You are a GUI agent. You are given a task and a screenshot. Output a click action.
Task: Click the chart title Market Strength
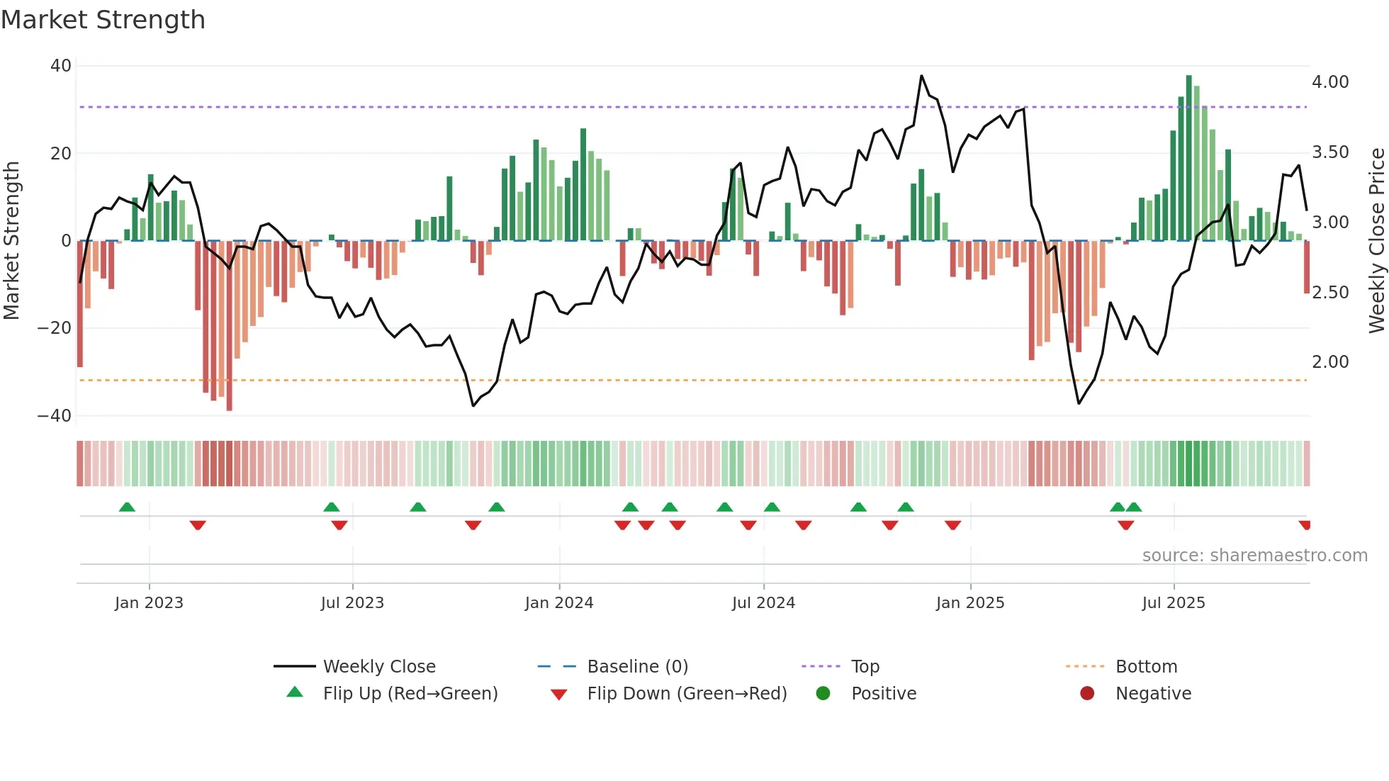coord(103,20)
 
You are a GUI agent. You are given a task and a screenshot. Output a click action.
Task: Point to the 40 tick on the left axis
coord(61,66)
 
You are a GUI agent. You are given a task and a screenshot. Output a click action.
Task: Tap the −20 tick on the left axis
coord(55,328)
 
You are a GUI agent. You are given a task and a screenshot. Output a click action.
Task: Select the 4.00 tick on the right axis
coord(1330,82)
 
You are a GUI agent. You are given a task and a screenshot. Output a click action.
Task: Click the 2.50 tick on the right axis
coord(1330,293)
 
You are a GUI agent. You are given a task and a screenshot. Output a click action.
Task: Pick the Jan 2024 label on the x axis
coord(559,603)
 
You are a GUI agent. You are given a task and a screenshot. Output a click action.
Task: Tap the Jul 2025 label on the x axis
coord(1174,603)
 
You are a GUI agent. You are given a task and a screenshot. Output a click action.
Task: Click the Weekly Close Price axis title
coord(1376,241)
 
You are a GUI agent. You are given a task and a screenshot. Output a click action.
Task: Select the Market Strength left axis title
coord(12,241)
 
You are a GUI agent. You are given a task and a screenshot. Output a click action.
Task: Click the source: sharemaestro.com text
coord(1254,556)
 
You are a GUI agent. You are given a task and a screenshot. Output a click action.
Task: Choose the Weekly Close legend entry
coord(379,667)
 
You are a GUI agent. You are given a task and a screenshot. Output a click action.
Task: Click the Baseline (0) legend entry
coord(637,667)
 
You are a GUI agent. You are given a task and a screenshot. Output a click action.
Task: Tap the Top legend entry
coord(865,667)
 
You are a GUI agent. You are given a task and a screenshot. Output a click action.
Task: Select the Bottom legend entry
coord(1146,667)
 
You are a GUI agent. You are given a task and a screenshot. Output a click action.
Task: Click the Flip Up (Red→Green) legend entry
coord(410,694)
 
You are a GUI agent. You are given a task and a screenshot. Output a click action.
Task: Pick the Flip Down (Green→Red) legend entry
coord(687,694)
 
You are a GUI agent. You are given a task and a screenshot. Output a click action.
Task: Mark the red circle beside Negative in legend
coord(1087,693)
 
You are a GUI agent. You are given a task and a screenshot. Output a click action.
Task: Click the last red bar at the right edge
coord(1307,267)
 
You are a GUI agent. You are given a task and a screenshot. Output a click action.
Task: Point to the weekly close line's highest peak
coord(921,76)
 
